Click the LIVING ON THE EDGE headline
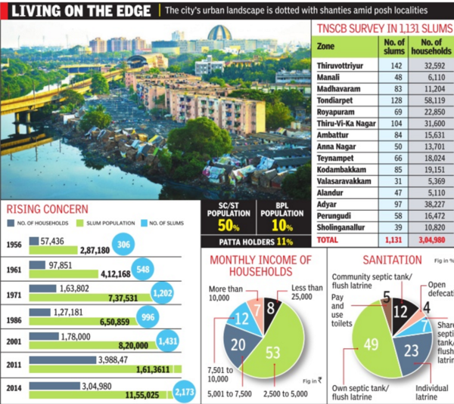pyautogui.click(x=79, y=11)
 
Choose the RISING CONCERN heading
pyautogui.click(x=47, y=209)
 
